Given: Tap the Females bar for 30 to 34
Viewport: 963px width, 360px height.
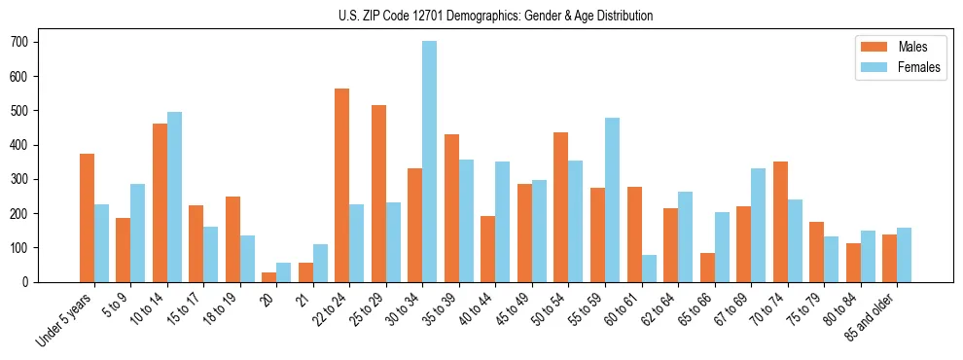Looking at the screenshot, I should pyautogui.click(x=429, y=162).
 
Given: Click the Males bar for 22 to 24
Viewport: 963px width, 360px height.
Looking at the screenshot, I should pyautogui.click(x=342, y=185).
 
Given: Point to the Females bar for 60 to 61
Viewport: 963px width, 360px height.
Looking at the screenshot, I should pyautogui.click(x=649, y=269).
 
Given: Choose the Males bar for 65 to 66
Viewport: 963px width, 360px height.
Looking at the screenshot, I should pyautogui.click(x=707, y=268).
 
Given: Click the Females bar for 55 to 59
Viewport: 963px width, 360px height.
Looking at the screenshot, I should pyautogui.click(x=612, y=199).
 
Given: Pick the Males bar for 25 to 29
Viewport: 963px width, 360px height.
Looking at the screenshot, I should pyautogui.click(x=378, y=194).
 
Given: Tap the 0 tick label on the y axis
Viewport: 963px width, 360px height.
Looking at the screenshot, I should pyautogui.click(x=28, y=282).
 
